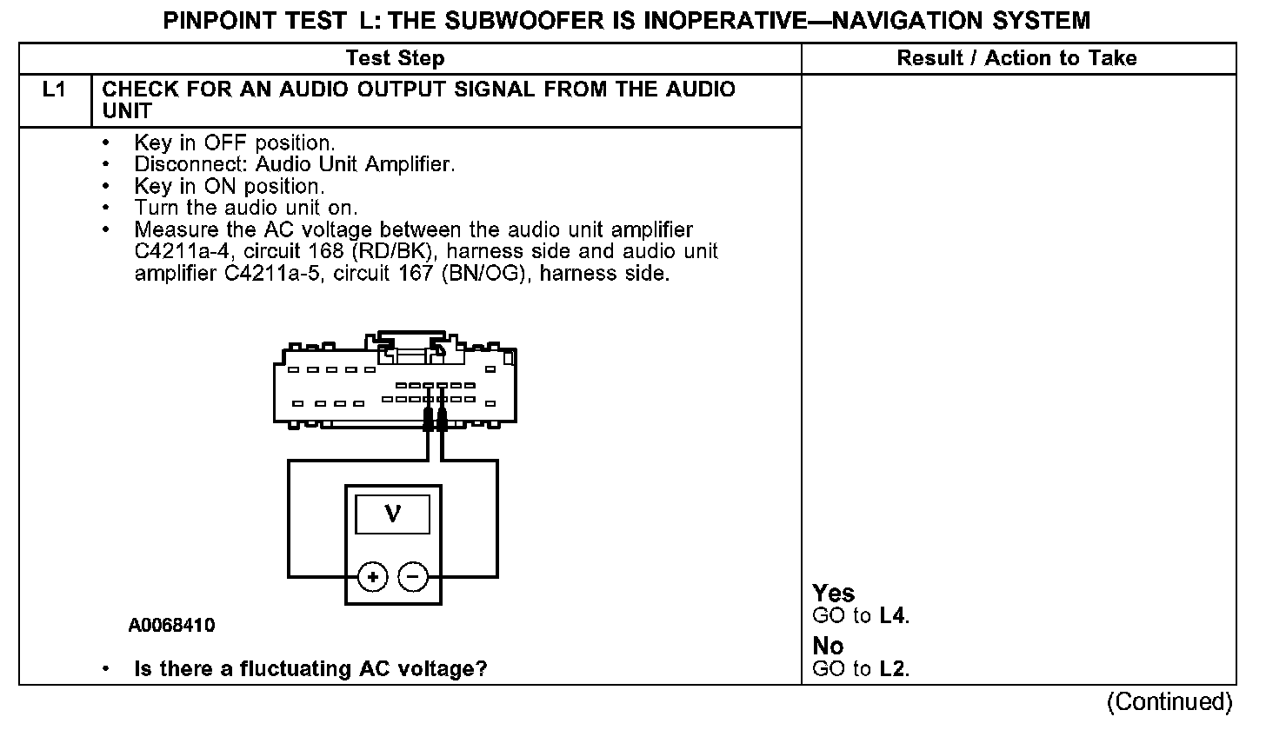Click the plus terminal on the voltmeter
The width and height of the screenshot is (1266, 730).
click(x=373, y=576)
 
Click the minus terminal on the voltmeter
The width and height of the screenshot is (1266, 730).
click(x=413, y=576)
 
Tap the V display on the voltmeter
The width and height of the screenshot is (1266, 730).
click(x=392, y=514)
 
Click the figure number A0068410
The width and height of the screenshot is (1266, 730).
click(x=171, y=626)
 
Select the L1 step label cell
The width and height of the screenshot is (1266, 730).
click(x=55, y=90)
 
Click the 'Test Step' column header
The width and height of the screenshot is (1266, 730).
click(x=396, y=58)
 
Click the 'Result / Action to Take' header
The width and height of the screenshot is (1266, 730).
click(x=1016, y=58)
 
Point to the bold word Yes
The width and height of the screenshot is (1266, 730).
click(x=833, y=594)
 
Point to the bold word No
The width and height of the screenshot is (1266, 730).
click(x=828, y=647)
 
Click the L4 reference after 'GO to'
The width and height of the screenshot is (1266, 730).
click(x=894, y=616)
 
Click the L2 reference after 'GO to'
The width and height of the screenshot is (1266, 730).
click(x=894, y=669)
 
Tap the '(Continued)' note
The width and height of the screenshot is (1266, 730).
click(x=1169, y=701)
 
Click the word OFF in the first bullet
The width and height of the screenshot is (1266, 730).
click(x=227, y=142)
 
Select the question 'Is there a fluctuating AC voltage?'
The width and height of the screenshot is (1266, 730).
click(x=310, y=669)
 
